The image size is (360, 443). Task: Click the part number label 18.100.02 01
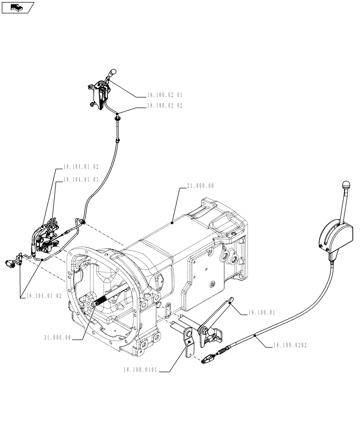(165, 95)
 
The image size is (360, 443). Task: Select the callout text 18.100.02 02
(165, 106)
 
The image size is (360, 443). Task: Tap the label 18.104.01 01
(81, 179)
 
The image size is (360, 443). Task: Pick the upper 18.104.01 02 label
(81, 167)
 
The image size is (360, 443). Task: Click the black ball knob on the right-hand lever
(347, 184)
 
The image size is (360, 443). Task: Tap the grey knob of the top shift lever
(113, 72)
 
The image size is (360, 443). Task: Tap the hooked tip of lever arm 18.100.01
(229, 301)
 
